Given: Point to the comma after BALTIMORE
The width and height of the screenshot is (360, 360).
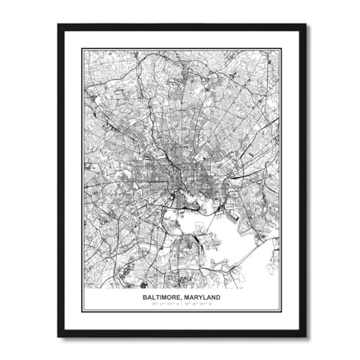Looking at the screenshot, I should point(183,298).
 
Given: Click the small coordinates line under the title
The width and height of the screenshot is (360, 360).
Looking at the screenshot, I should point(182,304).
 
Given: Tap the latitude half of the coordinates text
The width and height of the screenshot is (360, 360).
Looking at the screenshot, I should point(165,304).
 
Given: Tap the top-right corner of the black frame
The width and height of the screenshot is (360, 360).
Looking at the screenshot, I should point(305,26).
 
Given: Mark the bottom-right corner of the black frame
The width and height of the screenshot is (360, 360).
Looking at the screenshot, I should point(305,335).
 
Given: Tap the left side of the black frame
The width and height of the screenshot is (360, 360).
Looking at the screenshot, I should point(60,180).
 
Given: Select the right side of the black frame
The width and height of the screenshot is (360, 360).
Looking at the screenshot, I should point(305,180).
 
